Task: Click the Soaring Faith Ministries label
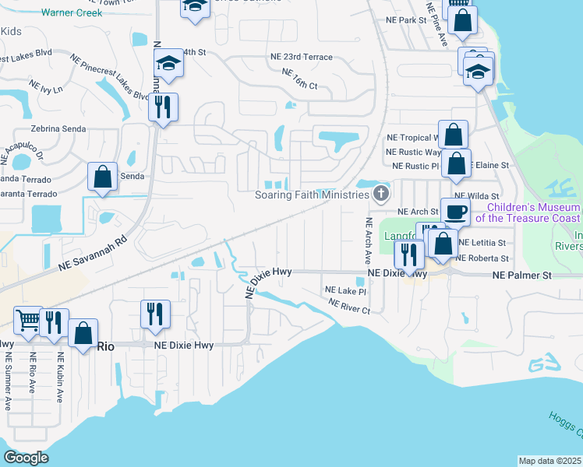311,195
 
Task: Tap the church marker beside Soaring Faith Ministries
381,194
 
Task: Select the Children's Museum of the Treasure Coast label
533,212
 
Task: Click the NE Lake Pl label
345,290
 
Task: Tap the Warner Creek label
72,13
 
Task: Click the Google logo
26,457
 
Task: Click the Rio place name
104,346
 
